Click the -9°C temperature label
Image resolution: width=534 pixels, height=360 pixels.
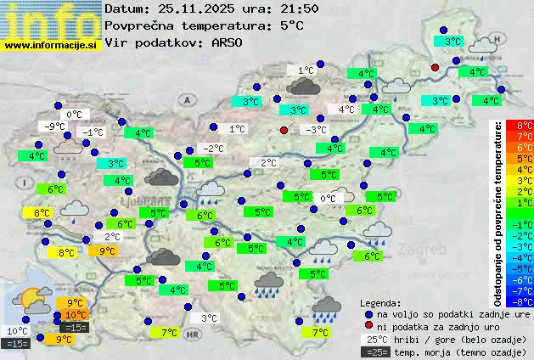pos(55,127)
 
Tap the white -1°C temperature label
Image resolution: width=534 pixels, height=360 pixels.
pos(92,132)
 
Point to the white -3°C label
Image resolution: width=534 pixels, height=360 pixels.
pos(316,130)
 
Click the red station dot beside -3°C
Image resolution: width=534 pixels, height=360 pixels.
pos(284,130)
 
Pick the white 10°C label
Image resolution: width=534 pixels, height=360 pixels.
pos(17,331)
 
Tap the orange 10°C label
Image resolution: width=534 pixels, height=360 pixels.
pos(76,315)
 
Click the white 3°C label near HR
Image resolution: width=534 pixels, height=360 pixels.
pos(209,318)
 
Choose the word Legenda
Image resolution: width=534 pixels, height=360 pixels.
pos(380,302)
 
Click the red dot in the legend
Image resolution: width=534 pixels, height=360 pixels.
pos(368,326)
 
